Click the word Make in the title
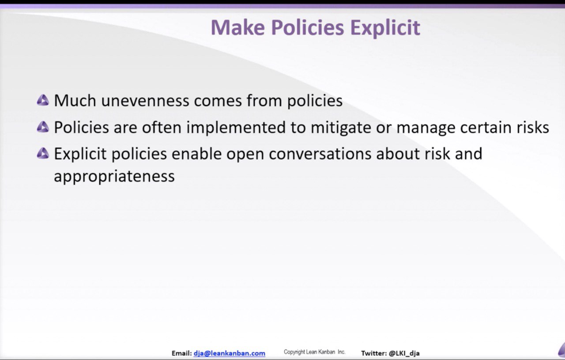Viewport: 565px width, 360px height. [237, 27]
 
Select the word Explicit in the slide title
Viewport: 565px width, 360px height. [385, 28]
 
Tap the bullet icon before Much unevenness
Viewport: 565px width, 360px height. [43, 100]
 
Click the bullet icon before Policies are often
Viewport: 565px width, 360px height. [43, 127]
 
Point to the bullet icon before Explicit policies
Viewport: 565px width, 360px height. [43, 153]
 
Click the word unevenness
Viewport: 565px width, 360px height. [145, 101]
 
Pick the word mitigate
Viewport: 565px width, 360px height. [341, 128]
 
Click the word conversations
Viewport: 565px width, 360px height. [320, 154]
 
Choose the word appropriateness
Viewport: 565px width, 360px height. [114, 176]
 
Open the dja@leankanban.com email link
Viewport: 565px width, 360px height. [229, 353]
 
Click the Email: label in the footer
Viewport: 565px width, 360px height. [181, 353]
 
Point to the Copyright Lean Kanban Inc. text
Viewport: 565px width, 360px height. [315, 352]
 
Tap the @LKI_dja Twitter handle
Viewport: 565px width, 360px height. [404, 353]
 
